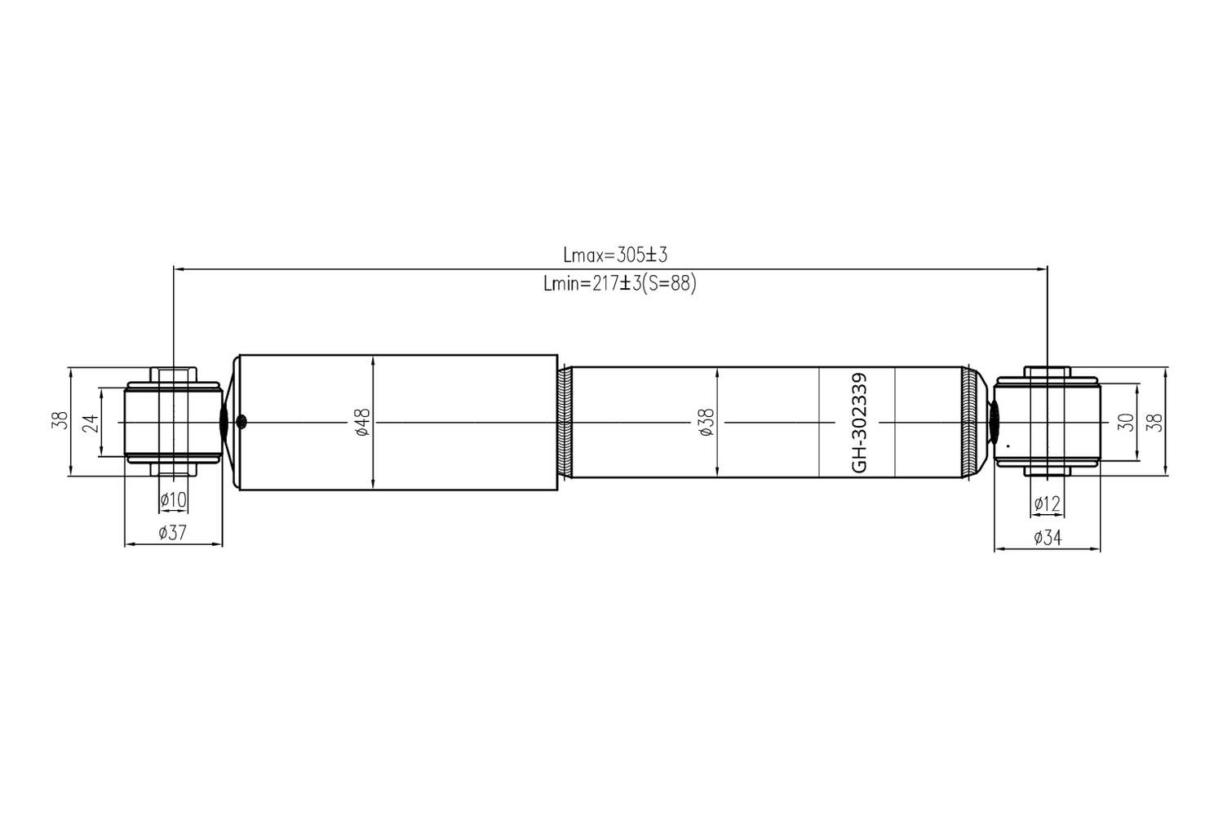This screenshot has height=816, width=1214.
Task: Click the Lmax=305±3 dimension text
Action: (x=615, y=255)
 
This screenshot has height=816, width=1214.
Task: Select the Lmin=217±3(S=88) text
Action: (x=620, y=283)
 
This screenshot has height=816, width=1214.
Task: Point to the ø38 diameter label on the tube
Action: (x=707, y=423)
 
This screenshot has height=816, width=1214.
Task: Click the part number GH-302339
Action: (x=860, y=423)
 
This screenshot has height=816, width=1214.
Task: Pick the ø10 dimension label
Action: (x=173, y=499)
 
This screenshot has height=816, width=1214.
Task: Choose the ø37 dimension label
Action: (x=172, y=532)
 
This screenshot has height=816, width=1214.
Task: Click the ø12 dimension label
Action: (x=1047, y=503)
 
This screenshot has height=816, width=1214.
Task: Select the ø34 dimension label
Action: (x=1048, y=538)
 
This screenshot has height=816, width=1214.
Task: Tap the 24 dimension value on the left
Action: (x=91, y=423)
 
